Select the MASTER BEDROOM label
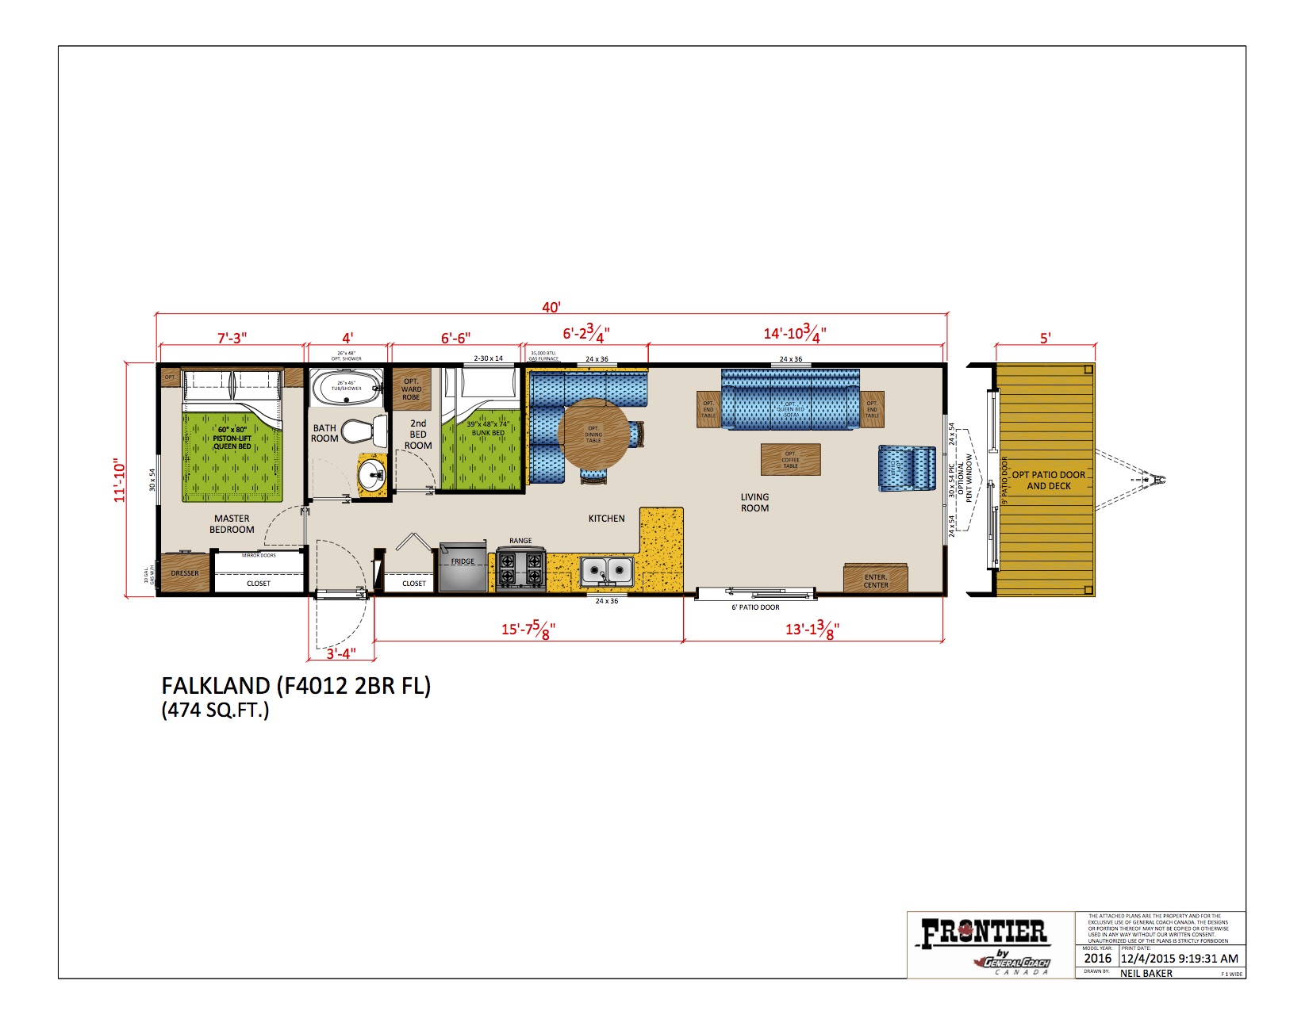coord(232,524)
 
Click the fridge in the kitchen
coord(463,567)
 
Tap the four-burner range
coord(521,569)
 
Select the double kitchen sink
coord(607,570)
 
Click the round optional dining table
coord(593,434)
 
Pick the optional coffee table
coord(790,460)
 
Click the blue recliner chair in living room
coord(907,469)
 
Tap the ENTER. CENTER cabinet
coord(876,580)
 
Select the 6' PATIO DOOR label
coord(755,607)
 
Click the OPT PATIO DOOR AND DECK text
coord(1048,481)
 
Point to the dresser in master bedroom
coord(185,573)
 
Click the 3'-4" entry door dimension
coord(341,653)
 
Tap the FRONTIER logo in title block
coord(984,933)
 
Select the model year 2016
coord(1098,959)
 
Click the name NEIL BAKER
coord(1146,973)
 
